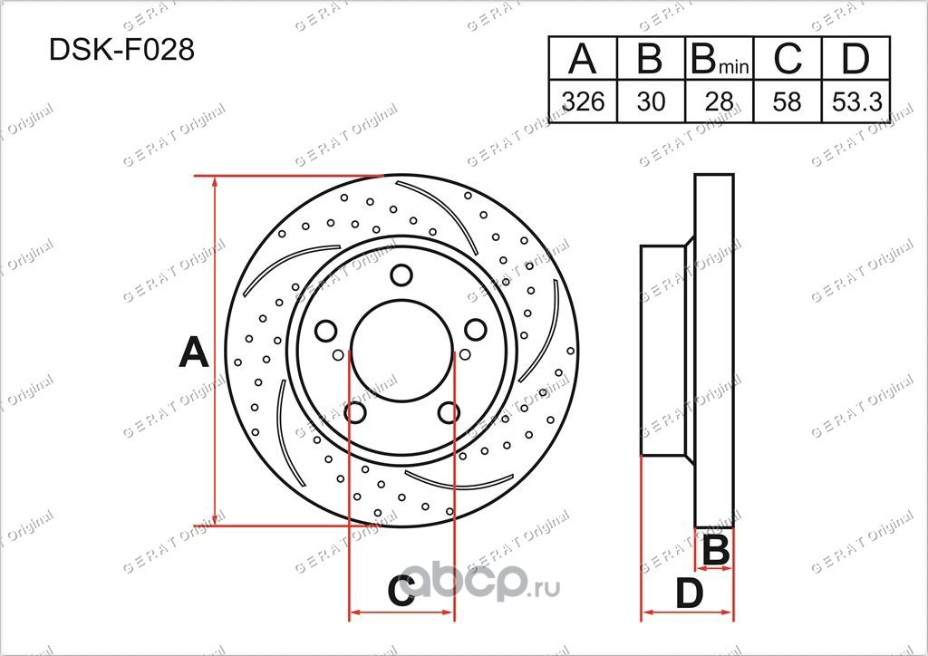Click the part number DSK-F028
click(x=121, y=50)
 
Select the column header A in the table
click(x=583, y=59)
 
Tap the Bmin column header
click(x=720, y=60)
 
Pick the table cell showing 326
click(x=583, y=101)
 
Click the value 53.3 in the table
click(x=856, y=101)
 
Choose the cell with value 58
click(x=788, y=101)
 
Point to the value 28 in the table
click(x=719, y=101)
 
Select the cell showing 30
click(x=651, y=101)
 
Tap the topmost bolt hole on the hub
click(x=401, y=275)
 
